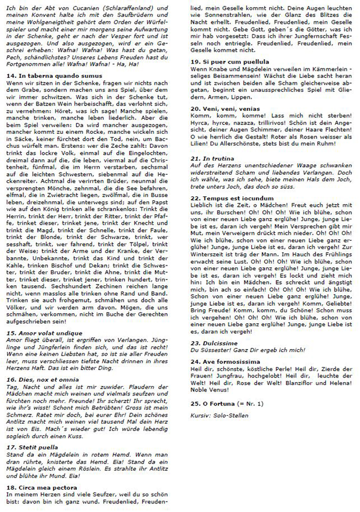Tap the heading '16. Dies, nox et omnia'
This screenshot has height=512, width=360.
pyautogui.click(x=43, y=380)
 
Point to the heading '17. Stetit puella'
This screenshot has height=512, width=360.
pyautogui.click(x=33, y=447)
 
